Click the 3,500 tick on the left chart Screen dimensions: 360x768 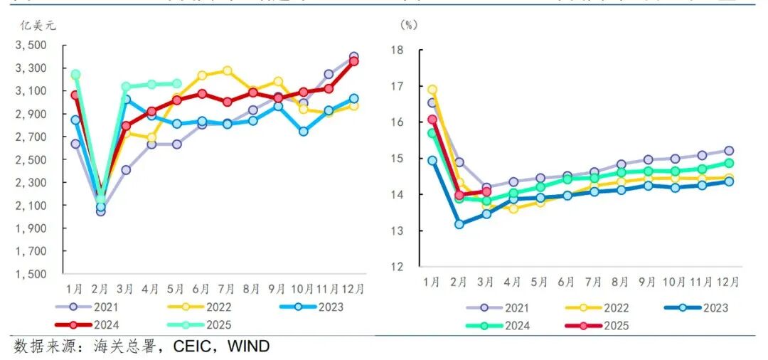[x=32, y=46]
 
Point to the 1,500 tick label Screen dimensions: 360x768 [x=32, y=275]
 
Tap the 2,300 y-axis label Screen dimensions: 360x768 [x=32, y=183]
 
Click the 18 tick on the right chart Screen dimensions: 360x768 [x=397, y=50]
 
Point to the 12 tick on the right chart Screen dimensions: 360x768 [x=397, y=267]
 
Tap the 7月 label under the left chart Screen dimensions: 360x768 [x=227, y=289]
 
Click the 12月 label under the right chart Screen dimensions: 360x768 [x=729, y=282]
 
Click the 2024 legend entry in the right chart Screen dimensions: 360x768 [x=510, y=326]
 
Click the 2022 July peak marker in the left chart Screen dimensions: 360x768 [x=227, y=70]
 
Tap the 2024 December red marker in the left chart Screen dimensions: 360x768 [x=353, y=62]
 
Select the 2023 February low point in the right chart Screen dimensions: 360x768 [x=459, y=224]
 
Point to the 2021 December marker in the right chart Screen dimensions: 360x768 [x=729, y=151]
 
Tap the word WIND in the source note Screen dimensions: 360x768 [x=250, y=346]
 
